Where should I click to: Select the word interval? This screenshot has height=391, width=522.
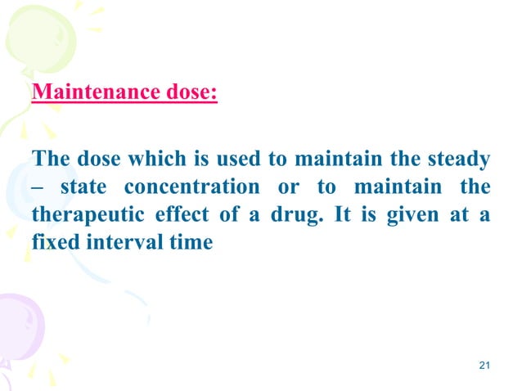121,243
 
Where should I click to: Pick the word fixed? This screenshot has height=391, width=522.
52,243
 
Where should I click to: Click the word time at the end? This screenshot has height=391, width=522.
192,243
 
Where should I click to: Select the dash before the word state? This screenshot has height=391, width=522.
37,187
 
